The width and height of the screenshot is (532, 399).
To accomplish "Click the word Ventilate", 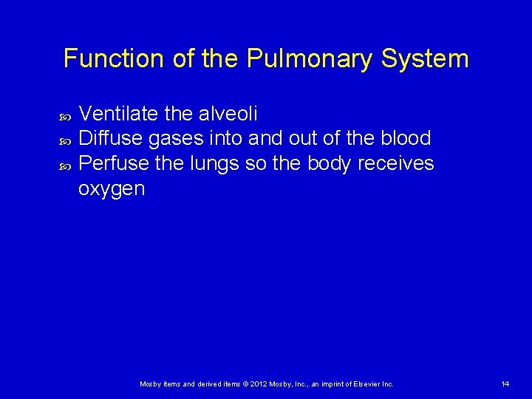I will pyautogui.click(x=118, y=114).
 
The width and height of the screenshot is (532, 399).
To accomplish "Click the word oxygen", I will pyautogui.click(x=112, y=189).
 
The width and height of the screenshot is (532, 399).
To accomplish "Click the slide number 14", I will pyautogui.click(x=505, y=383).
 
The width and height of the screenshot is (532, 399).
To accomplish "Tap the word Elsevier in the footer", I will pyautogui.click(x=369, y=383).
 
